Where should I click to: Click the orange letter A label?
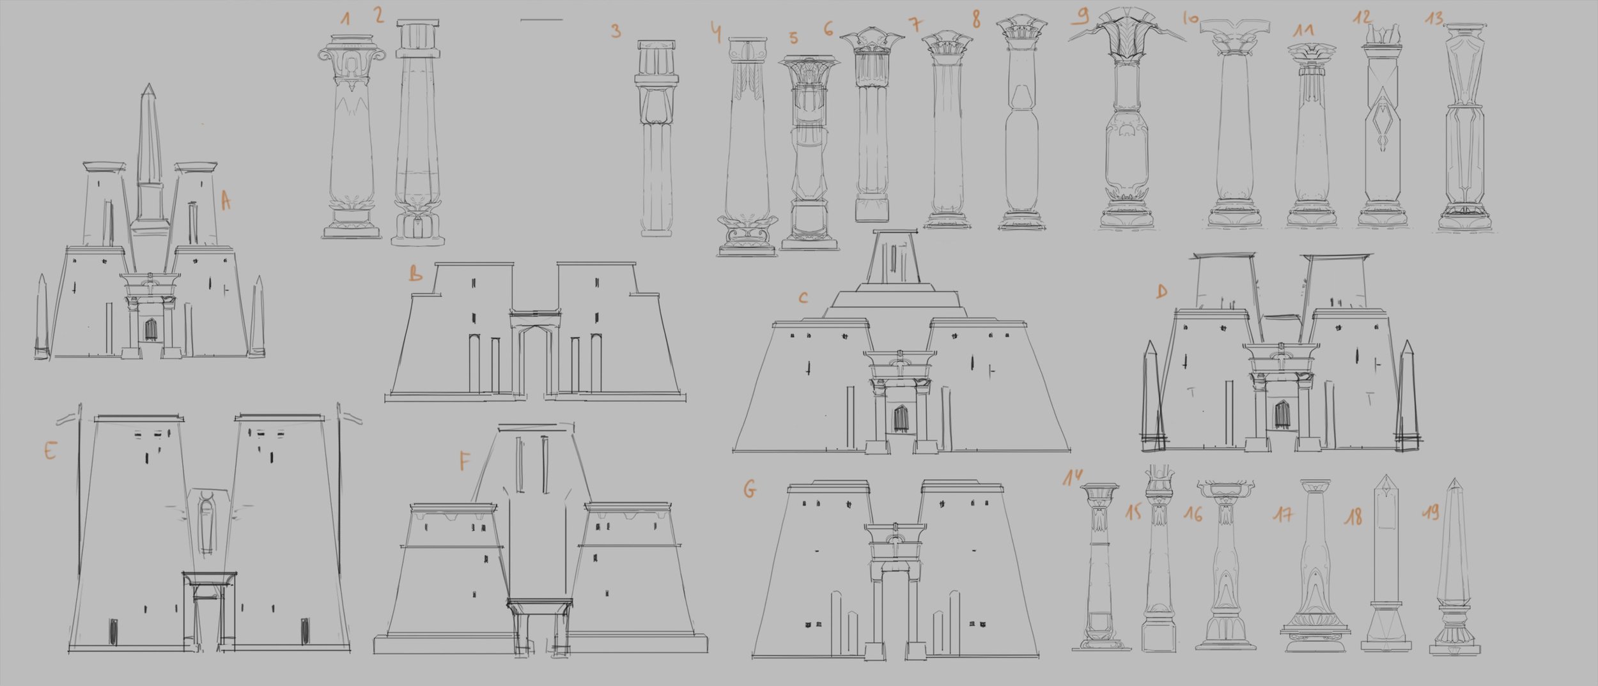pos(226,202)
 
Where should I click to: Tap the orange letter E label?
pos(50,451)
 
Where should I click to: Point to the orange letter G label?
pos(750,490)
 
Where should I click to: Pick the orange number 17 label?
pos(1283,514)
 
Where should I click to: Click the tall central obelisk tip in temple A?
pos(148,85)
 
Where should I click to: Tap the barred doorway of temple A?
pos(151,330)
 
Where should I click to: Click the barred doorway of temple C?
pos(901,418)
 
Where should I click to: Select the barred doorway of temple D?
pos(1282,415)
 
